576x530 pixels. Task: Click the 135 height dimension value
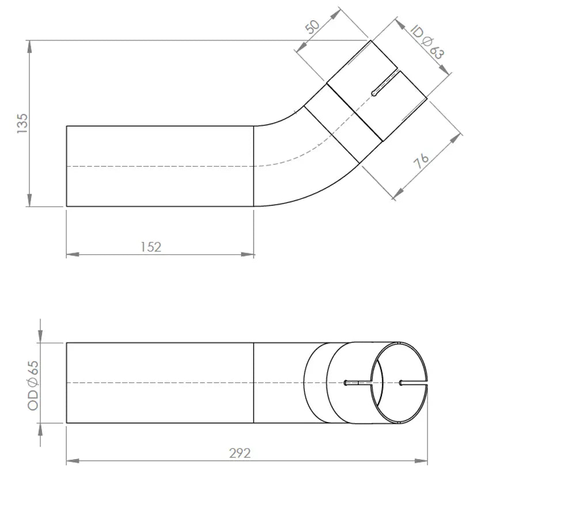coord(22,123)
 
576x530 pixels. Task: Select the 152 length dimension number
coord(151,247)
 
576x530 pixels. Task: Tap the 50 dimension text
coord(313,27)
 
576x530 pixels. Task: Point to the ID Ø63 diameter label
coord(426,42)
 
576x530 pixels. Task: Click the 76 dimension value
coord(421,160)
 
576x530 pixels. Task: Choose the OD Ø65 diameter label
coord(33,385)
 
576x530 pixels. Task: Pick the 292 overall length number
coord(240,453)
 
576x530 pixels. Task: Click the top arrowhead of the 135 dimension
coord(29,46)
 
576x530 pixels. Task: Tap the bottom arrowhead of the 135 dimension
coord(29,200)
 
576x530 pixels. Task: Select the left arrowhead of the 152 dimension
coord(73,254)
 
